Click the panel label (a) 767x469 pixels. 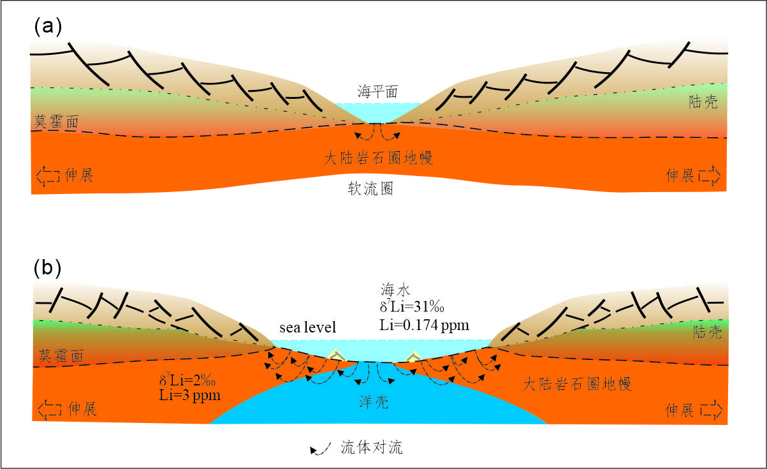click(x=47, y=26)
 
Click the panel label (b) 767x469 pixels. click(x=47, y=268)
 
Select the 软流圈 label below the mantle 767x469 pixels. click(x=370, y=190)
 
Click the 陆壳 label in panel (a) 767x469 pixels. click(x=703, y=102)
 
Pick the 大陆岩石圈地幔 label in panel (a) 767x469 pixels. click(x=378, y=158)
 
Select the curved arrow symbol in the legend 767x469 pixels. click(x=319, y=448)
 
